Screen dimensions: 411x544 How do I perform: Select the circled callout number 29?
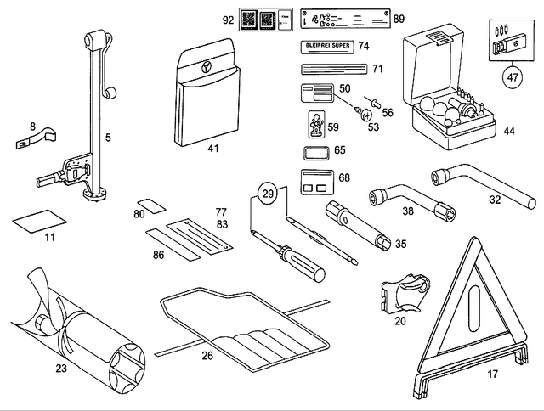(x=269, y=194)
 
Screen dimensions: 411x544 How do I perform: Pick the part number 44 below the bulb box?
(x=508, y=132)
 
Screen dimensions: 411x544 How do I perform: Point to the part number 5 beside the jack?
(x=107, y=136)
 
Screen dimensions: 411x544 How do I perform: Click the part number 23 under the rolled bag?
(x=60, y=369)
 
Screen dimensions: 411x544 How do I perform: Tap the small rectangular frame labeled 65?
(x=314, y=152)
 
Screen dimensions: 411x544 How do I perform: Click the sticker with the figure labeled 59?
(x=314, y=125)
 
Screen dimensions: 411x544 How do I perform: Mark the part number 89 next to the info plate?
(x=399, y=18)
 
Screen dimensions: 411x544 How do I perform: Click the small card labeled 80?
(x=152, y=206)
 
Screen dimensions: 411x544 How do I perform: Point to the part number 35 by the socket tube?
(x=400, y=244)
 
